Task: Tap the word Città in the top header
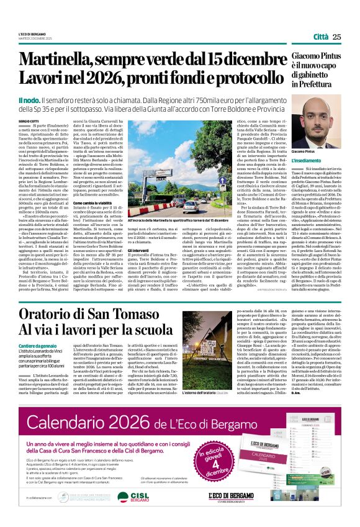coord(321,37)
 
